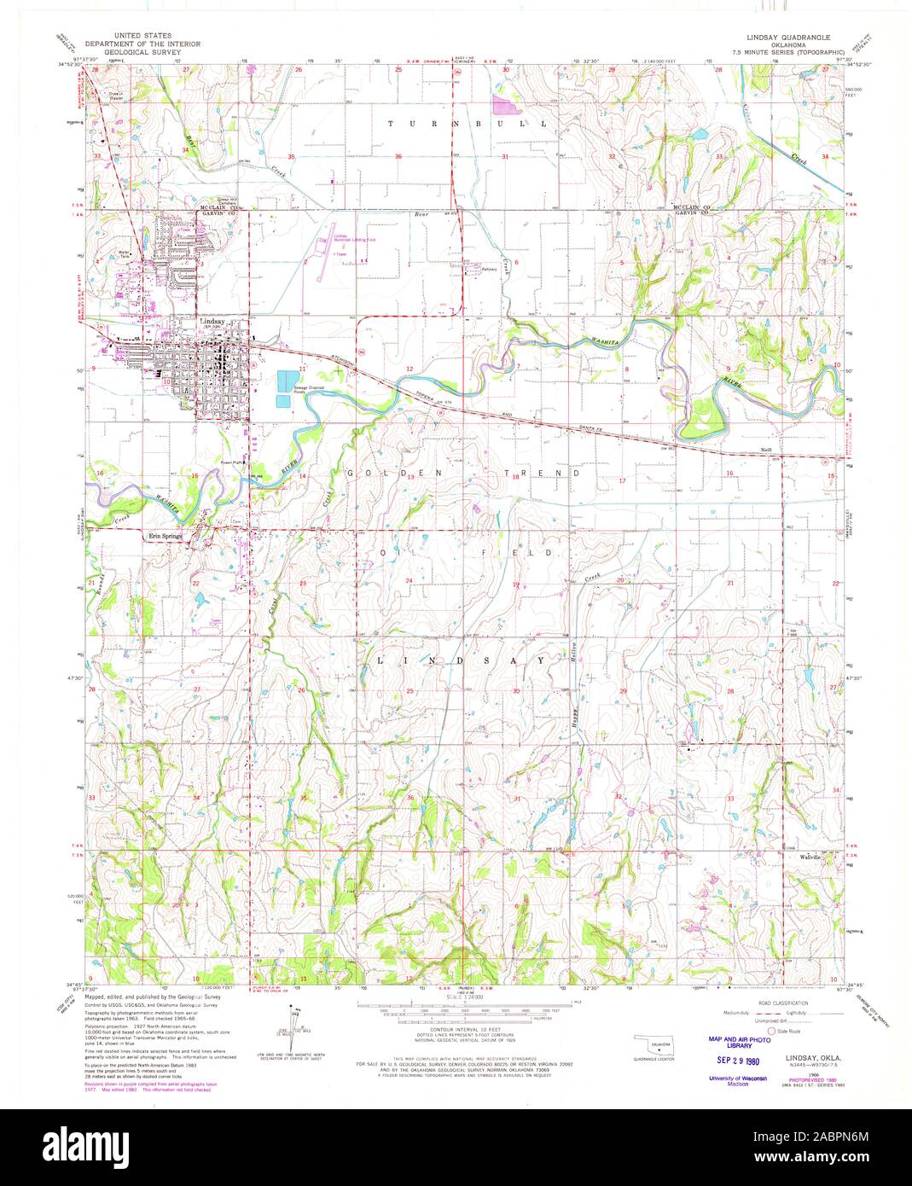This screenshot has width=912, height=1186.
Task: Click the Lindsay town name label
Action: [x=211, y=322]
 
